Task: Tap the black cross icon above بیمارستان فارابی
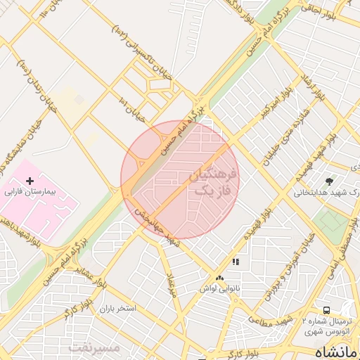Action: pos(30,181)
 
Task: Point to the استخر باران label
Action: pos(117,309)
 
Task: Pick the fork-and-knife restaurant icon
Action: pos(236,262)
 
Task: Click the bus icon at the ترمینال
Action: pos(326,309)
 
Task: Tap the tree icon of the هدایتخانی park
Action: pos(330,182)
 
